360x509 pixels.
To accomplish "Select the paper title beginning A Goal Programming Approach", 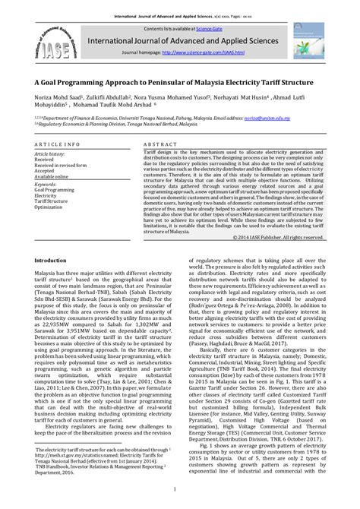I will tap(179, 80).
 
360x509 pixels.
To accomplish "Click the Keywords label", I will tap(46, 183).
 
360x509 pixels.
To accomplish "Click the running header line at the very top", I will tap(179, 7).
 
